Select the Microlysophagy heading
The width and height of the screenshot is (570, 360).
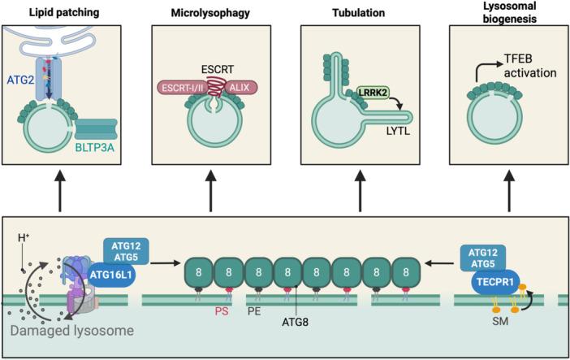coord(209,13)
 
